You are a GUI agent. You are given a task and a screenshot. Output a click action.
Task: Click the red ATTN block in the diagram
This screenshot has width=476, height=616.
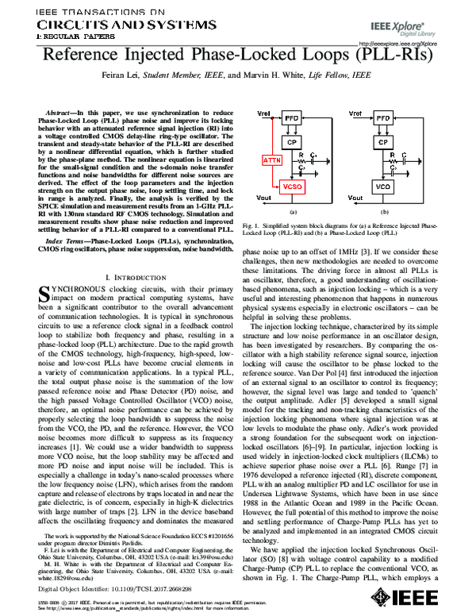coord(271,161)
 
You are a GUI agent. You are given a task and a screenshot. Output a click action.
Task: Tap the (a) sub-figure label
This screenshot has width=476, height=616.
coord(293,212)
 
